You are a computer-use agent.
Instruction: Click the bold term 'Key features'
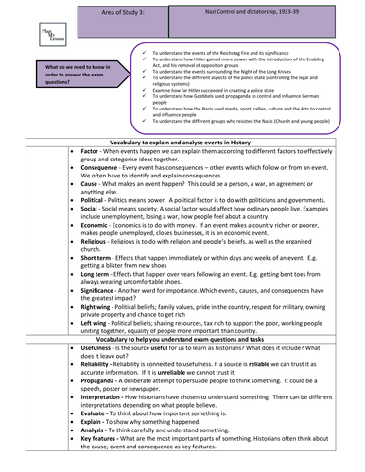[103, 461]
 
